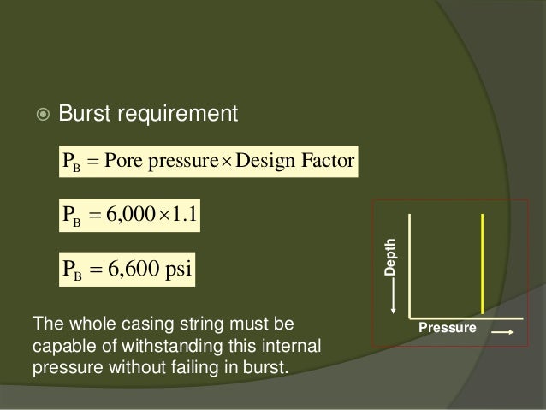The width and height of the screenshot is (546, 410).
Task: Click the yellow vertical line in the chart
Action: pyautogui.click(x=484, y=263)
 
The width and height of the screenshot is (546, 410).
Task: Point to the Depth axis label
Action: pyautogui.click(x=391, y=256)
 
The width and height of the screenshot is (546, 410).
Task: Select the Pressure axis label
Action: pyautogui.click(x=447, y=328)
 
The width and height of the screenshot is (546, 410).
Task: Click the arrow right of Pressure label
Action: pyautogui.click(x=502, y=329)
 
